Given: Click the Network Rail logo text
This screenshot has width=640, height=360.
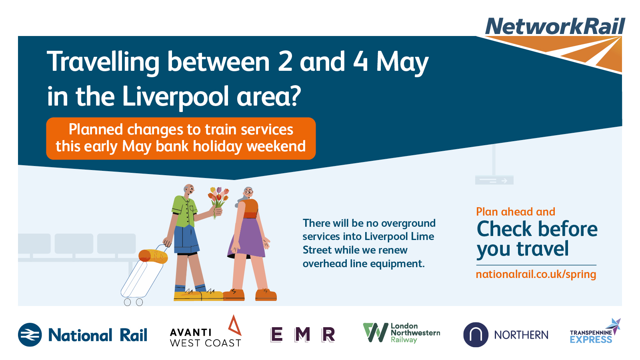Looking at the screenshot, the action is click(x=555, y=26).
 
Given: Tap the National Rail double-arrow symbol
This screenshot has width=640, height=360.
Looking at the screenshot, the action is click(x=30, y=334).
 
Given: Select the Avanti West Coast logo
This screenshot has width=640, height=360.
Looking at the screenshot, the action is click(x=206, y=332).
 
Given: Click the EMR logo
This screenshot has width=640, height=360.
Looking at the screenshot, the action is click(x=302, y=334).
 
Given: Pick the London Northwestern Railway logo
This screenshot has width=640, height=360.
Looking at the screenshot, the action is click(x=402, y=332).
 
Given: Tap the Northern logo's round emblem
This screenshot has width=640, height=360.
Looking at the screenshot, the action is click(x=476, y=334).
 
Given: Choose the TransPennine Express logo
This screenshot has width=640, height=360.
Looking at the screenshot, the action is click(x=595, y=332).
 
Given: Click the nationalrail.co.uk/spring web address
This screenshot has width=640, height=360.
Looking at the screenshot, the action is click(x=536, y=274).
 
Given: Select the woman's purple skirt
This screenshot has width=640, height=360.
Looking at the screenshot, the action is click(x=247, y=238).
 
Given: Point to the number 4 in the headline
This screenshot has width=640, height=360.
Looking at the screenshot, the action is click(x=360, y=61).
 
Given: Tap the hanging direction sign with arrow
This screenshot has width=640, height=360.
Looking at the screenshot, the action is click(x=494, y=180).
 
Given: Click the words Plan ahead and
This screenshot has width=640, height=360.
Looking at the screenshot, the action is click(x=516, y=212).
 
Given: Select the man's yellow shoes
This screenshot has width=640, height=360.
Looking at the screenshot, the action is click(x=198, y=296).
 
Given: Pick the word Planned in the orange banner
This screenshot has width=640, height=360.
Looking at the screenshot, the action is click(x=96, y=130).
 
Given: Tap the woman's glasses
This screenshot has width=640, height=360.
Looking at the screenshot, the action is click(x=248, y=192).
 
